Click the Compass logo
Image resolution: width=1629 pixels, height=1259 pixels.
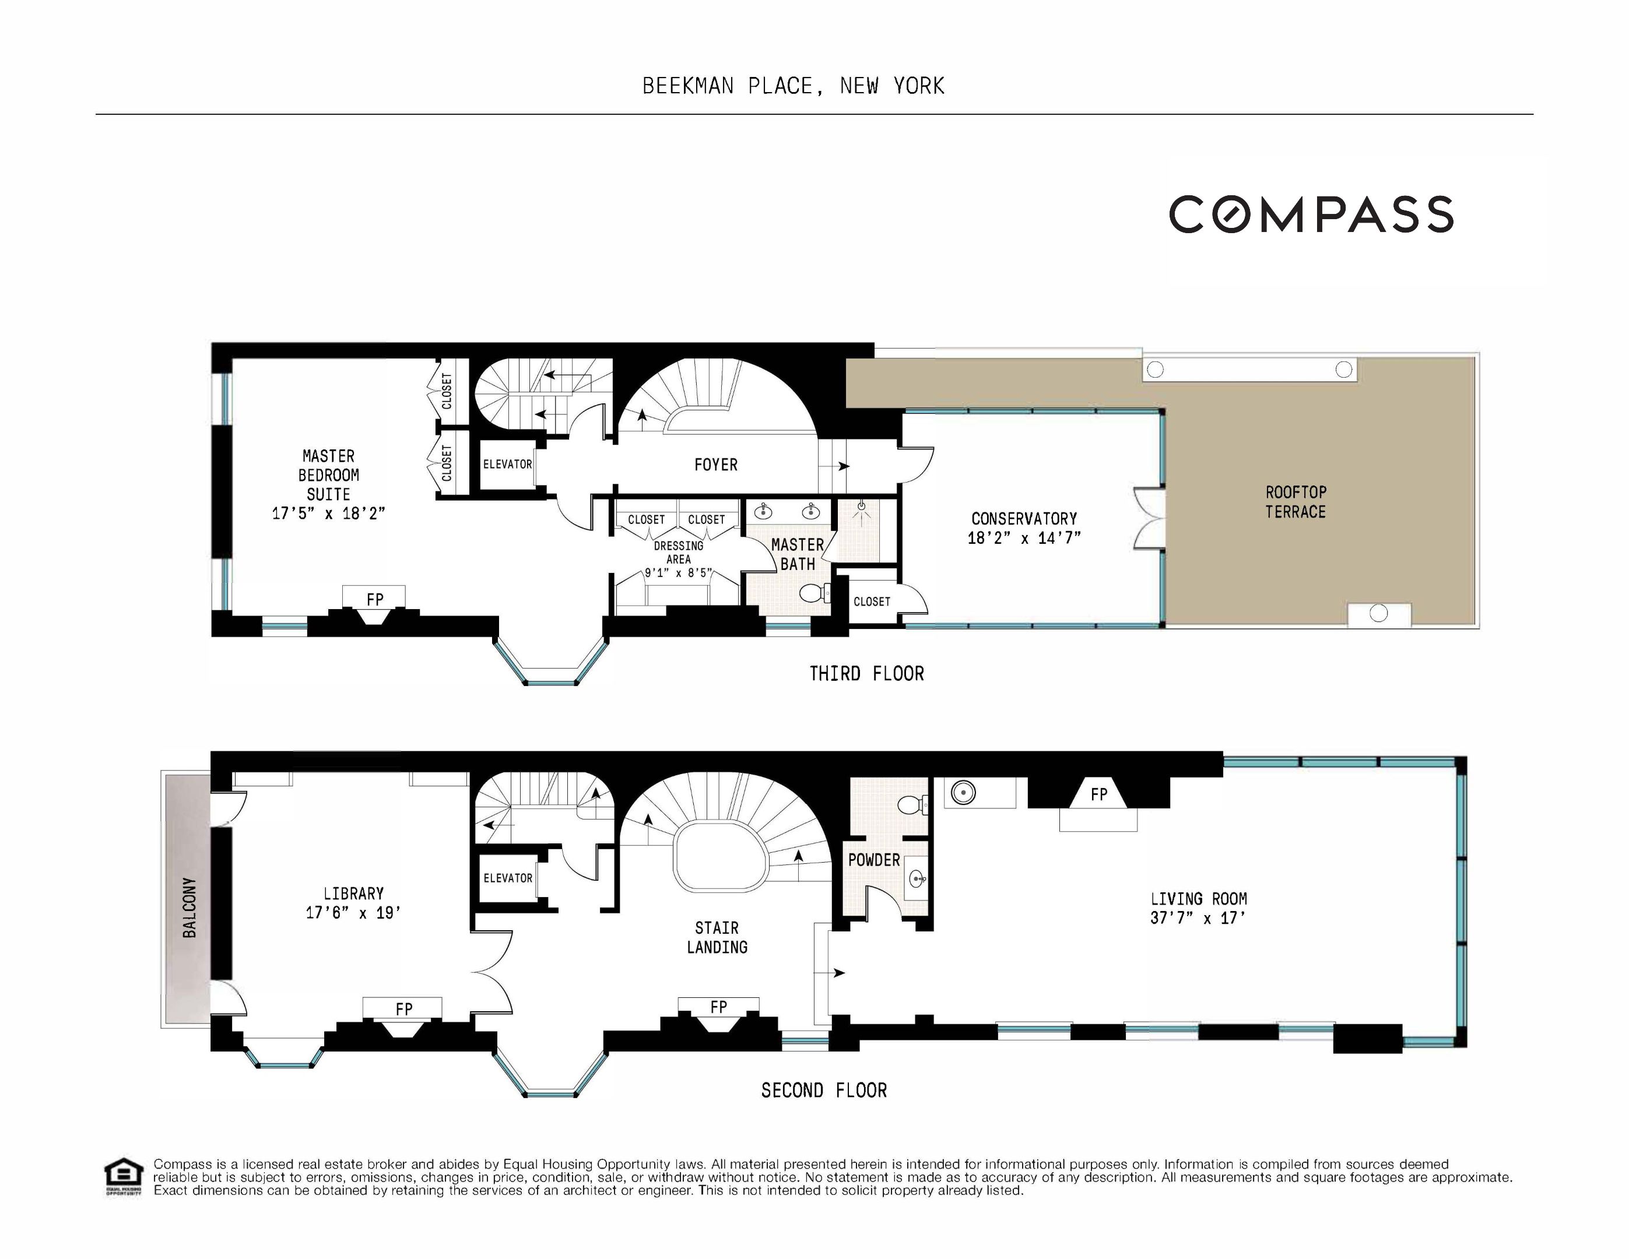pos(1311,215)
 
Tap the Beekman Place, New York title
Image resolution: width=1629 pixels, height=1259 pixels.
pos(793,86)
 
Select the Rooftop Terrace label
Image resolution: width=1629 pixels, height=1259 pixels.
pos(1295,502)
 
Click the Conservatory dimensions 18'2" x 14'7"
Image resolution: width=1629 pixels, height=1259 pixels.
pos(1024,539)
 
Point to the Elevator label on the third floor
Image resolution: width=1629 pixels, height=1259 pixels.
pos(507,464)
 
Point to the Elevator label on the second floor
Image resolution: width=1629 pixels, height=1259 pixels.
pos(507,878)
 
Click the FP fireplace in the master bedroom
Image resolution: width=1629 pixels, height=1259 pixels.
pos(374,600)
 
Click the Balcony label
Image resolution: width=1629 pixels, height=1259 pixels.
pos(189,907)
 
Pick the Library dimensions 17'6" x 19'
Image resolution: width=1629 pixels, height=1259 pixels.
pos(353,912)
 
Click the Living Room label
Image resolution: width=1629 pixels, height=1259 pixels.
pos(1198,899)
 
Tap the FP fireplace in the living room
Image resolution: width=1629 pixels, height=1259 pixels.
pos(1098,795)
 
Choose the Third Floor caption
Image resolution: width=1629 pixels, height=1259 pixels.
pos(867,673)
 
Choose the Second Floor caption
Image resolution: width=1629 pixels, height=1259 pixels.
pos(823,1091)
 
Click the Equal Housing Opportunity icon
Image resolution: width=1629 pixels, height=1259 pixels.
pos(123,1177)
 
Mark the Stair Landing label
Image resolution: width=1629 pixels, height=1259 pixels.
pos(717,937)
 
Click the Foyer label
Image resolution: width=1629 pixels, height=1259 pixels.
pos(715,465)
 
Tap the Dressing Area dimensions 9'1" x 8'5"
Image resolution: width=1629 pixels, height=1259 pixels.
pos(678,574)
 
